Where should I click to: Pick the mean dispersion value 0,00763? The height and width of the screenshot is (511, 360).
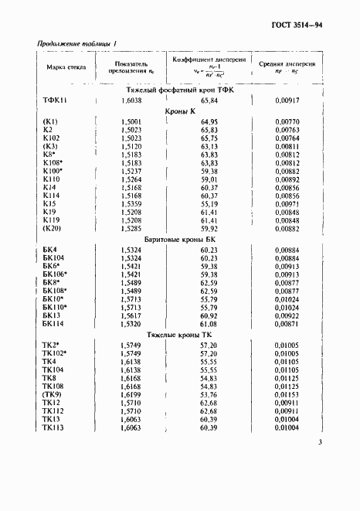coord(286,131)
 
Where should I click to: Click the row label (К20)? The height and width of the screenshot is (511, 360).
coord(51,229)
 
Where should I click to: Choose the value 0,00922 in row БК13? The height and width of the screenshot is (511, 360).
coord(286,315)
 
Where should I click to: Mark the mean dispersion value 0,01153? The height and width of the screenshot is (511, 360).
coord(286,394)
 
